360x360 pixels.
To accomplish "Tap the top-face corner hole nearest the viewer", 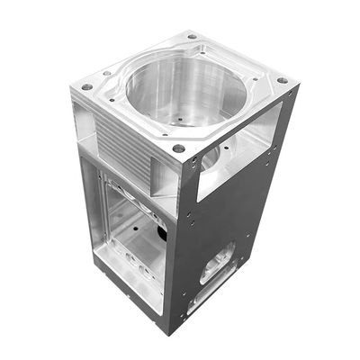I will pos(179,148).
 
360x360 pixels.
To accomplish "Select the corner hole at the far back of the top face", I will pos(192,37).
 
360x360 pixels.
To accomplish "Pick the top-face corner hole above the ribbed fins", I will pos(87,87).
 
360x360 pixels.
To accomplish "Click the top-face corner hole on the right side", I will pos(282,81).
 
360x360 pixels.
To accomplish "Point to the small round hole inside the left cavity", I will pos(134,229).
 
